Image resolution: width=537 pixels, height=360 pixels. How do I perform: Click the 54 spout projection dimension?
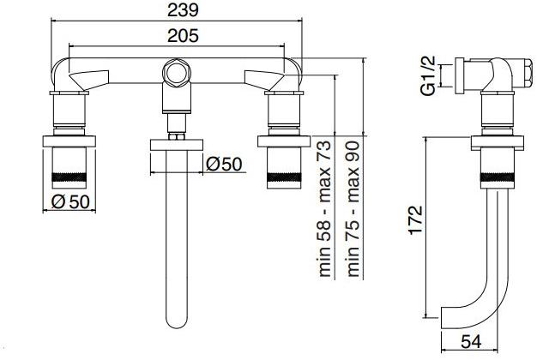471,341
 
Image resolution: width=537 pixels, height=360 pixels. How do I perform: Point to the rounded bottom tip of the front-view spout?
178,325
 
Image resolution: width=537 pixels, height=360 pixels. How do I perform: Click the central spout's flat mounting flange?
178,143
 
